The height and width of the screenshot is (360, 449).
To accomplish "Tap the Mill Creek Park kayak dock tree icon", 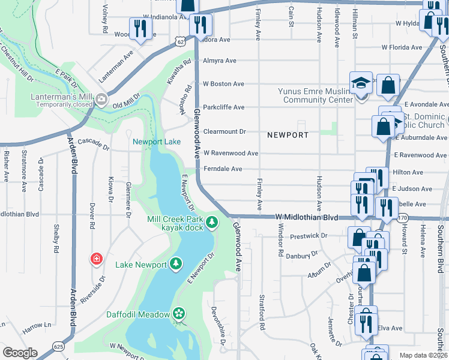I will (x=211, y=223).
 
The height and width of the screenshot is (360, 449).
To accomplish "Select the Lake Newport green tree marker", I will (x=175, y=264).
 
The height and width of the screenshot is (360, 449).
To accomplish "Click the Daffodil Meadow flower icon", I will (x=178, y=314).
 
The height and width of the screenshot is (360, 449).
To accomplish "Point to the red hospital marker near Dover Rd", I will (x=96, y=259).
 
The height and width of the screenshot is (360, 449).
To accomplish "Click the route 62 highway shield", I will (x=181, y=40).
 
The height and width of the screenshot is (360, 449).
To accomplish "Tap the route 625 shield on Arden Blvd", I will (x=58, y=346).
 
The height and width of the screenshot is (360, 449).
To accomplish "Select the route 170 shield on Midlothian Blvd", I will (x=403, y=217).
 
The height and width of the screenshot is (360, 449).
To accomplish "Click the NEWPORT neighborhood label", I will (x=288, y=135).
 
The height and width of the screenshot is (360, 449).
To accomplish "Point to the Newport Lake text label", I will (x=157, y=142).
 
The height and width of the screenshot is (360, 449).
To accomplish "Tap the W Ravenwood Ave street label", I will (x=231, y=154).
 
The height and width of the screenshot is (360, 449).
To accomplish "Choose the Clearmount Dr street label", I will (x=224, y=131).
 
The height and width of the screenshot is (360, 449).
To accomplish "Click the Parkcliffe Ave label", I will (x=223, y=107).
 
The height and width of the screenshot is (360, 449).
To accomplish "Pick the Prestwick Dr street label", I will (x=308, y=236).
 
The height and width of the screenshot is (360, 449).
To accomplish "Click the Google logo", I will (x=20, y=353).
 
